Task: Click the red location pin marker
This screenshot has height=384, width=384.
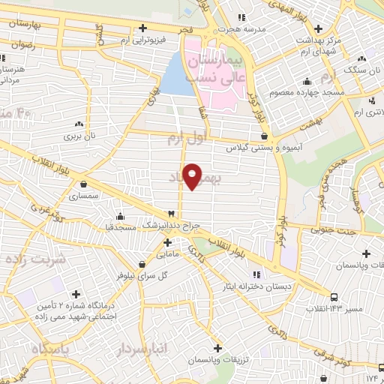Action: coord(193,175)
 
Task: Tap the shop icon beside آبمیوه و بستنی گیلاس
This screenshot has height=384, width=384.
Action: coord(264,136)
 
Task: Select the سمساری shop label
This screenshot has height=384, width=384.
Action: coord(83,196)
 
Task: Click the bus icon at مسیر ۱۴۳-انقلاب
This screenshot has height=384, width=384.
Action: coord(334,296)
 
